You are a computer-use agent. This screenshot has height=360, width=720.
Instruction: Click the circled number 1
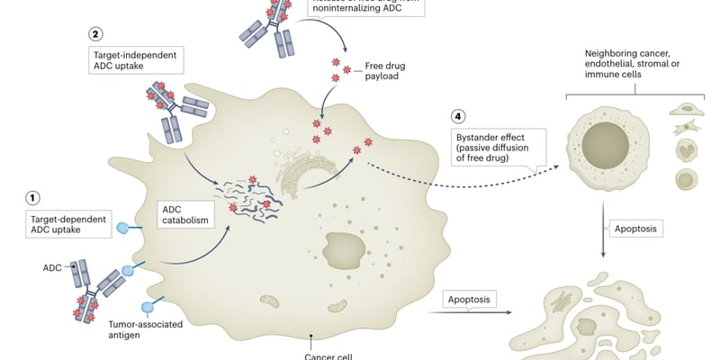(33, 197)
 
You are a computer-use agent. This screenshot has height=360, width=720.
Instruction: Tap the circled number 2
(95, 34)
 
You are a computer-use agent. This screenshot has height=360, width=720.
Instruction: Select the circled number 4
(460, 117)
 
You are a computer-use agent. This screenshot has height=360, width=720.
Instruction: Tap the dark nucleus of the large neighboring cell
(611, 145)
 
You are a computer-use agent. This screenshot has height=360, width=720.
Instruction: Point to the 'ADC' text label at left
(51, 267)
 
